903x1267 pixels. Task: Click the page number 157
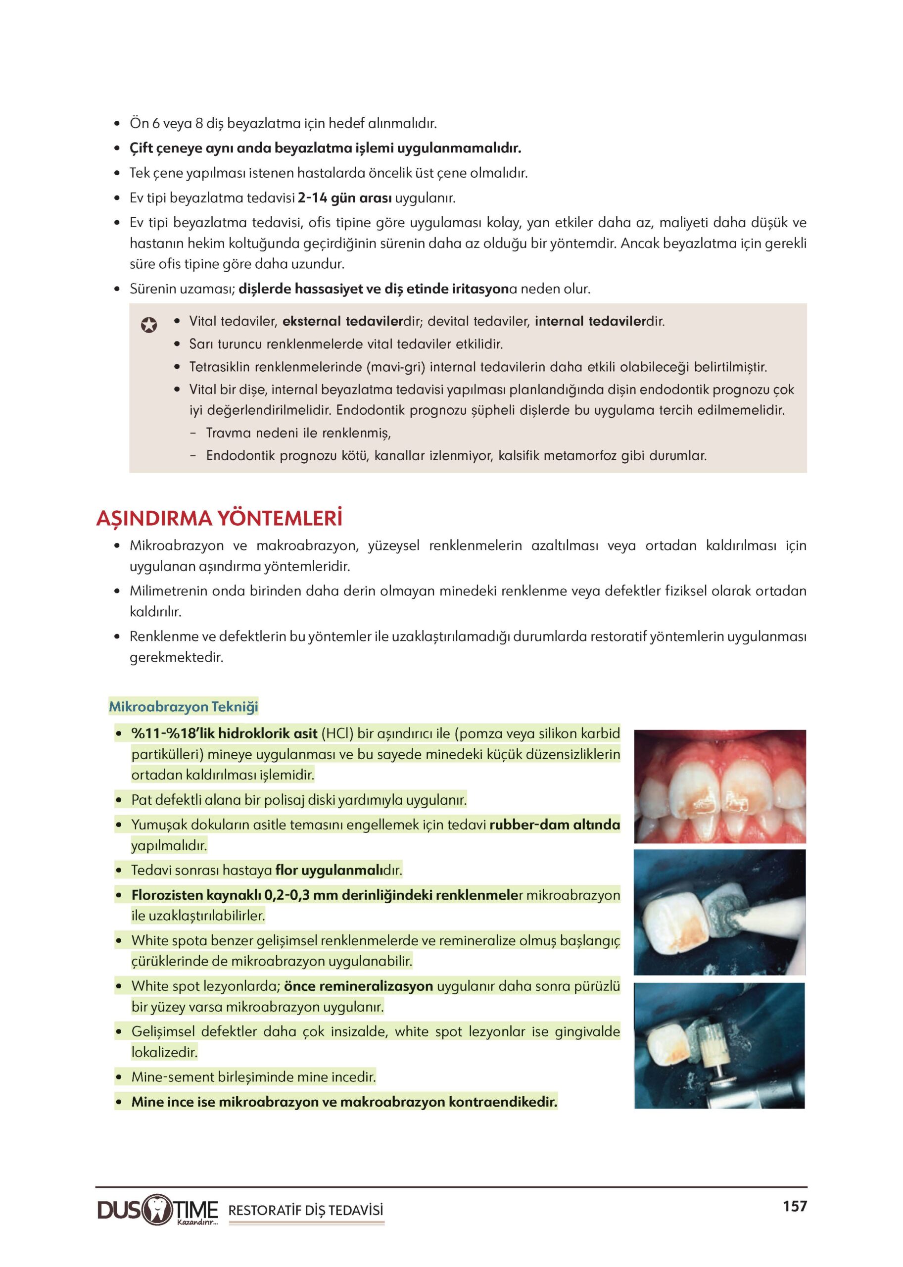tap(795, 1206)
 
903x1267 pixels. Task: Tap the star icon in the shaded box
tap(148, 325)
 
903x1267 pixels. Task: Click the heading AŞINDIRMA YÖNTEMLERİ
tap(219, 518)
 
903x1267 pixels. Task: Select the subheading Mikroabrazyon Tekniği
tap(184, 707)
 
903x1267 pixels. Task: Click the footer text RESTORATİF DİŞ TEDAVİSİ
tap(306, 1210)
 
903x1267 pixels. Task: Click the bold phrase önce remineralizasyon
tap(358, 986)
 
